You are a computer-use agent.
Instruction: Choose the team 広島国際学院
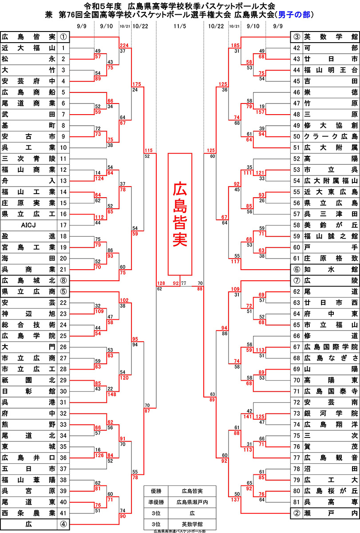(x=331, y=347)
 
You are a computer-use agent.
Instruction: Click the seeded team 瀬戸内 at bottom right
(x=331, y=512)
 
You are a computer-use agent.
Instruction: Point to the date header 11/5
(x=180, y=26)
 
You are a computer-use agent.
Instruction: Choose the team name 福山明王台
(x=331, y=70)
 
